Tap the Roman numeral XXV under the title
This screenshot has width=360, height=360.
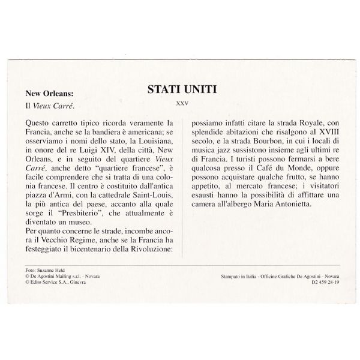[x=181, y=103]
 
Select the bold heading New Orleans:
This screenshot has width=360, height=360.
[x=49, y=93]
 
